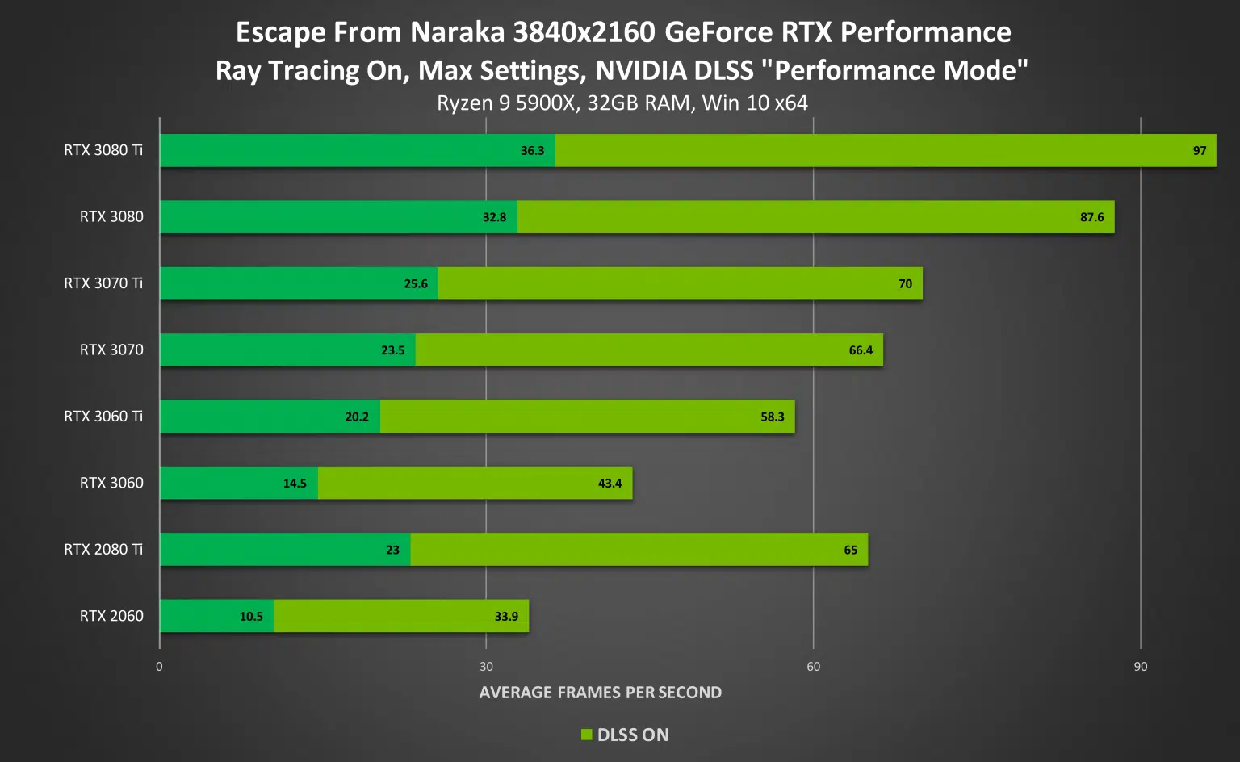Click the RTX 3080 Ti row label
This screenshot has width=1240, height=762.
[103, 150]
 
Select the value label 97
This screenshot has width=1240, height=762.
[1200, 151]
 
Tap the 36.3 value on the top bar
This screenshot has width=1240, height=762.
[533, 151]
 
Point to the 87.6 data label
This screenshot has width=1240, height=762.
[1091, 217]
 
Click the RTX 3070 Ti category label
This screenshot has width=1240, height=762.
[103, 283]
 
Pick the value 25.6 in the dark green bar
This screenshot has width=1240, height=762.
[416, 284]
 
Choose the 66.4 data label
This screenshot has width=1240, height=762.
[861, 350]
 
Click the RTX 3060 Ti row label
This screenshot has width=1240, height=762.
[103, 417]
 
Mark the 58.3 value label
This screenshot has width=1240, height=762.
[773, 417]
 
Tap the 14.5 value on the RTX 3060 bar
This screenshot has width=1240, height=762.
[295, 484]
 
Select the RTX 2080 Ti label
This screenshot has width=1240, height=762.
[103, 550]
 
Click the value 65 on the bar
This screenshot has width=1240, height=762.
[851, 551]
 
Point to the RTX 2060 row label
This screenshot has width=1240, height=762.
[111, 616]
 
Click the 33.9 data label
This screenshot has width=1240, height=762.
[506, 617]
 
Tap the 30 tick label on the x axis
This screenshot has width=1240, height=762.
[486, 667]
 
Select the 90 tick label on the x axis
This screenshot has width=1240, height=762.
[1140, 667]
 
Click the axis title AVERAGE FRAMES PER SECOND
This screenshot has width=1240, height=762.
[601, 693]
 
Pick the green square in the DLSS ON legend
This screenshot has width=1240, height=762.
[587, 735]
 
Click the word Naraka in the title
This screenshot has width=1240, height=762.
[458, 32]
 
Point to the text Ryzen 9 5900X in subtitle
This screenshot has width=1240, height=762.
[507, 103]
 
